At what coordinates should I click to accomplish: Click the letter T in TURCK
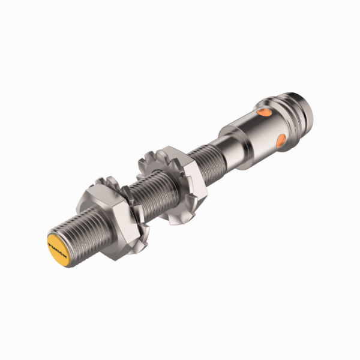tap(51, 241)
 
